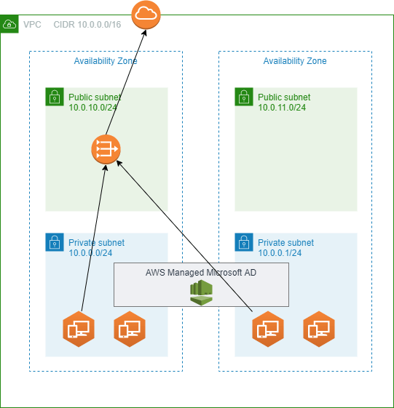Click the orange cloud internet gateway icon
(x=146, y=15)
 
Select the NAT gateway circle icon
(x=106, y=149)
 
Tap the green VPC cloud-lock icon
(x=9, y=24)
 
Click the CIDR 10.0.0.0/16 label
(x=87, y=25)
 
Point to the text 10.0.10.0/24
(x=92, y=108)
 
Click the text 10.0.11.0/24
(x=282, y=108)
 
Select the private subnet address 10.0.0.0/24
(x=90, y=253)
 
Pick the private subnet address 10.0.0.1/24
(x=280, y=253)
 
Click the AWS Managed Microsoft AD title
(x=201, y=273)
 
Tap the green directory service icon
(x=201, y=292)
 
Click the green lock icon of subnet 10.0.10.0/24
(x=55, y=97)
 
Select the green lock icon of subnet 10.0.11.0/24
(x=244, y=97)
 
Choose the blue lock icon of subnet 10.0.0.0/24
(x=55, y=242)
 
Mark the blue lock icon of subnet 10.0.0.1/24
(x=244, y=242)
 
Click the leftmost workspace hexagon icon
(x=79, y=329)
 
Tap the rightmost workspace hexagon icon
(x=319, y=329)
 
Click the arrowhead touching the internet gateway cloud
(x=144, y=33)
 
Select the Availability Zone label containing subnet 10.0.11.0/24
(x=295, y=61)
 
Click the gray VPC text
(x=32, y=25)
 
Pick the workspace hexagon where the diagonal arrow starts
(x=268, y=329)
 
